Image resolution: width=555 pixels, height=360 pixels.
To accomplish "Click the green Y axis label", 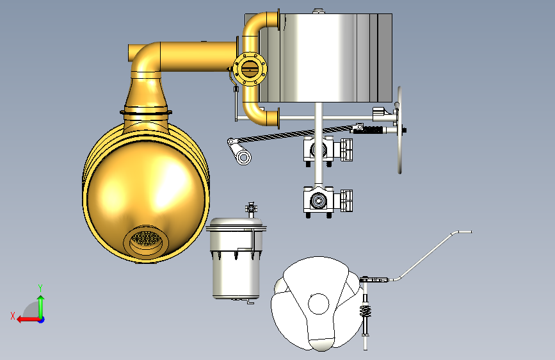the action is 40,288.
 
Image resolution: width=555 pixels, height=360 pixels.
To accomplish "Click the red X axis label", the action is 13,316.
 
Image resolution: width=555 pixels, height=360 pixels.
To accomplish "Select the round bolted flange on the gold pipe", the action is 250,69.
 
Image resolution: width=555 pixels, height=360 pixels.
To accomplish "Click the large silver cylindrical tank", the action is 325,58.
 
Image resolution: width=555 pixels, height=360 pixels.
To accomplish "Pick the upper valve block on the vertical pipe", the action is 328,150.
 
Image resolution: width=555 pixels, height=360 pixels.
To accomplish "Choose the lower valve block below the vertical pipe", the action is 328,201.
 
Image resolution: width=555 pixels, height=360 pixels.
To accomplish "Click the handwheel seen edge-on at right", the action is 399,130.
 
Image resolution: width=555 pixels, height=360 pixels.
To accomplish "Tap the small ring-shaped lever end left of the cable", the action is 243,156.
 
